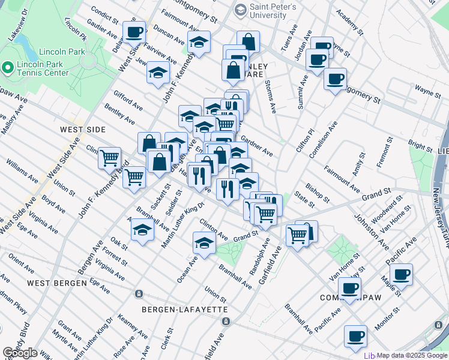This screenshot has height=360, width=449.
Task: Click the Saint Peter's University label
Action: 269,10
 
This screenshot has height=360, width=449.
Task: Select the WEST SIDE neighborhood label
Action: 83,130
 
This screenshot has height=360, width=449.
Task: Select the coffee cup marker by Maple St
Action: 401,274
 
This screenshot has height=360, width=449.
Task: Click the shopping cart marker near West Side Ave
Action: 110,158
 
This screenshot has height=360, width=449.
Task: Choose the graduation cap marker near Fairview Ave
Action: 157,73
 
